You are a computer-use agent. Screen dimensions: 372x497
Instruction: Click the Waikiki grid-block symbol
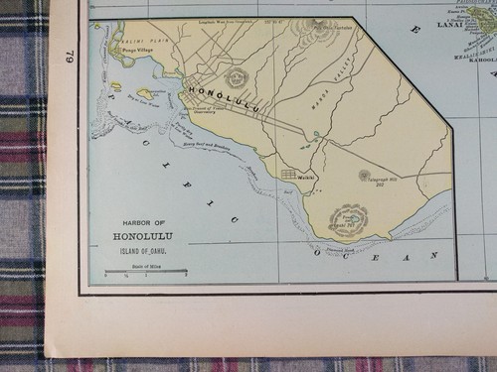coord(288,175)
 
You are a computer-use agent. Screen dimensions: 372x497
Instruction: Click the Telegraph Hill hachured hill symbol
coord(364,175)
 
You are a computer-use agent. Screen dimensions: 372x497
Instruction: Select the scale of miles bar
coord(145,270)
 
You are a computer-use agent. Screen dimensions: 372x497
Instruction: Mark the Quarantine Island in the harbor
coord(145,93)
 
